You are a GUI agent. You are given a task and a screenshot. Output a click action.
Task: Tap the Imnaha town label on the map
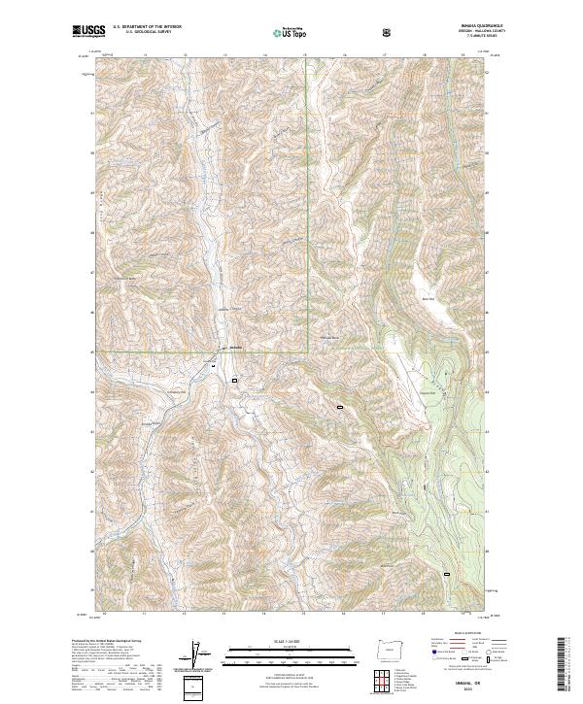pyautogui.click(x=234, y=347)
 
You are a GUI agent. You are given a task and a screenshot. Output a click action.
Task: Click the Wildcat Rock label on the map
pyautogui.click(x=331, y=337)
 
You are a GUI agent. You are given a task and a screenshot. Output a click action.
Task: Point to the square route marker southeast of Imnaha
pyautogui.click(x=235, y=380)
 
